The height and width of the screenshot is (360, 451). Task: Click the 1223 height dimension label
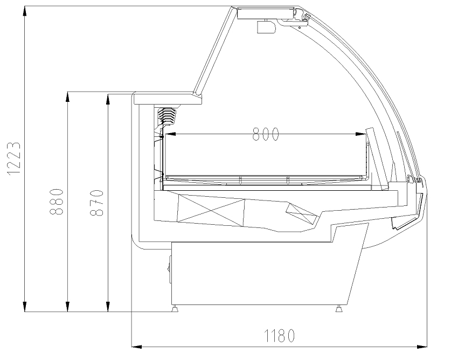click(x=13, y=158)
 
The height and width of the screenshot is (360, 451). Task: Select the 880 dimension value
click(x=57, y=202)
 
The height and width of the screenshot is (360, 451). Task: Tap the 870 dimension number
click(x=96, y=203)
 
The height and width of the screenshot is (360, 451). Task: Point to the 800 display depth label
click(x=266, y=134)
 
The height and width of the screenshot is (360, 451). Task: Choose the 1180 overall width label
click(x=279, y=336)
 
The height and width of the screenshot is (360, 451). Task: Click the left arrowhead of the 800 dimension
click(x=170, y=134)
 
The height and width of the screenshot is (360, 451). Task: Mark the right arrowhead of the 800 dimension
click(x=360, y=134)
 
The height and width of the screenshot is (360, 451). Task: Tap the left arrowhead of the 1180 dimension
click(x=137, y=347)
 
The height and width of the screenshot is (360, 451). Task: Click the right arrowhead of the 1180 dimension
click(x=422, y=347)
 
